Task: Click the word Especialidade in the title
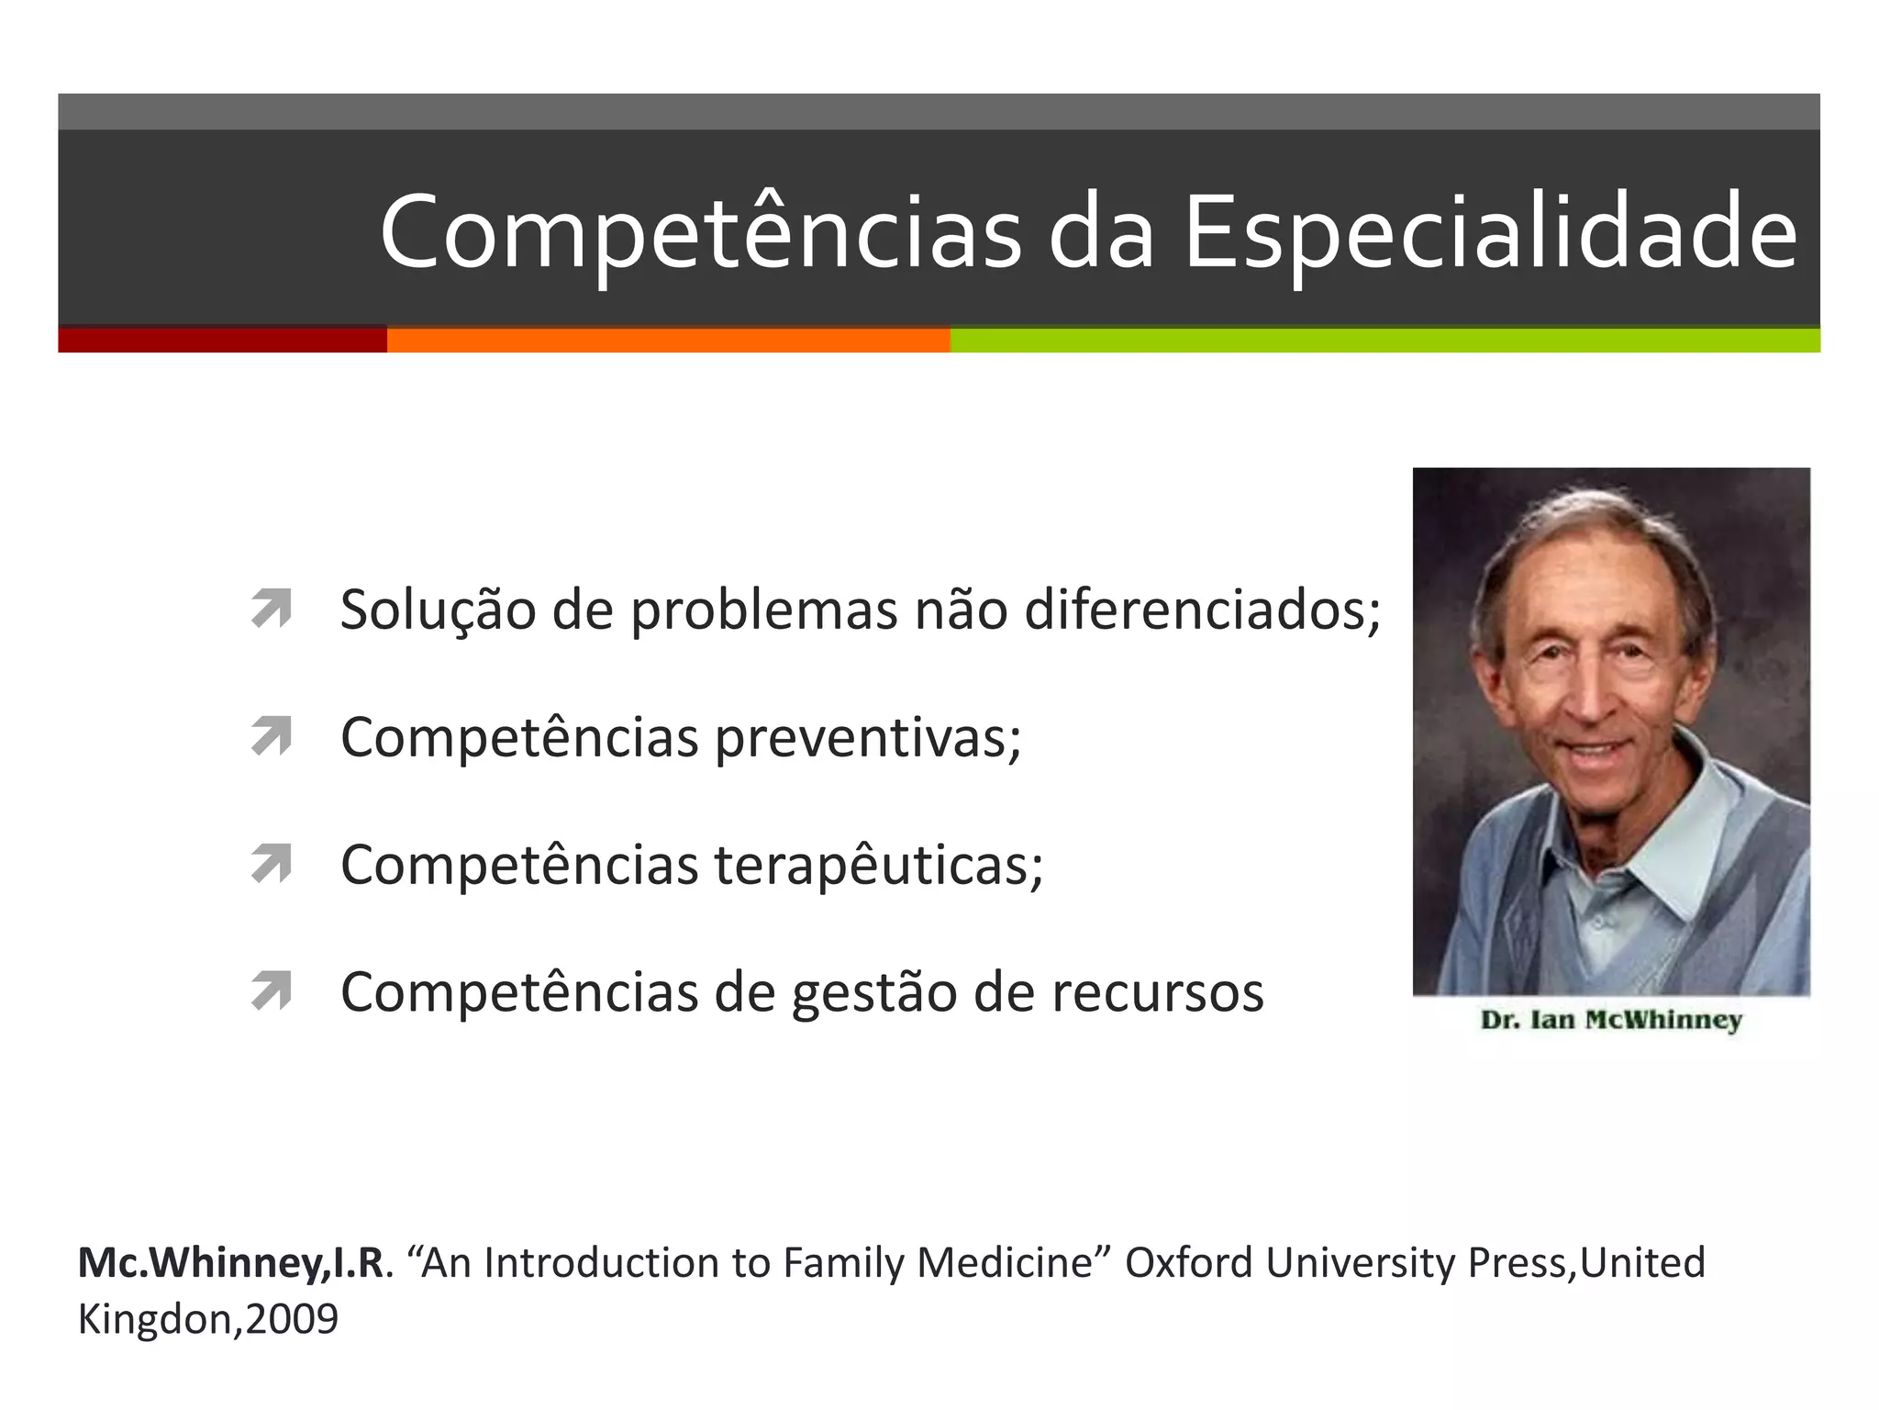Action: [x=1490, y=233]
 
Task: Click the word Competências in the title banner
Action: [x=700, y=233]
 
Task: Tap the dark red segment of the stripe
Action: [x=222, y=341]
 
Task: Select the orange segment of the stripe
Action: [x=668, y=341]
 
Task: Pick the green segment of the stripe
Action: [x=1384, y=341]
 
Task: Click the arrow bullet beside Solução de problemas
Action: [x=272, y=609]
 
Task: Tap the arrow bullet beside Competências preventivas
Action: [x=272, y=736]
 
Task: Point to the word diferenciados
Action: [x=1202, y=610]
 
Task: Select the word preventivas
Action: [x=867, y=738]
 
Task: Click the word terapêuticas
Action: [x=878, y=865]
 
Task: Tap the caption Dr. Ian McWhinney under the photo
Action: [x=1611, y=1020]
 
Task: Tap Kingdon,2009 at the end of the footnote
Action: [x=208, y=1319]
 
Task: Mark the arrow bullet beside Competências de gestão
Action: [x=272, y=991]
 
